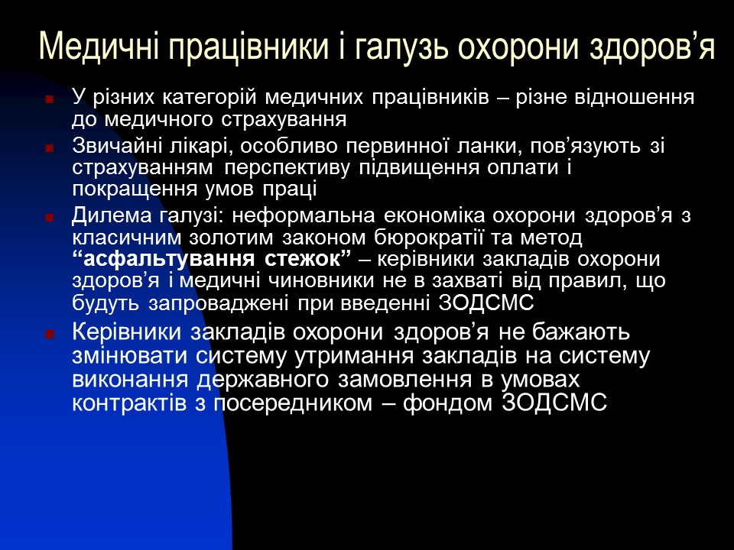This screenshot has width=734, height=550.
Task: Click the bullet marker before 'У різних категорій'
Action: (50, 99)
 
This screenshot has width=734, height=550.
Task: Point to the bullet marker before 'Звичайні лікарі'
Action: (50, 147)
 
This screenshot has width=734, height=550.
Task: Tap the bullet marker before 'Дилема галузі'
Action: (50, 218)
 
